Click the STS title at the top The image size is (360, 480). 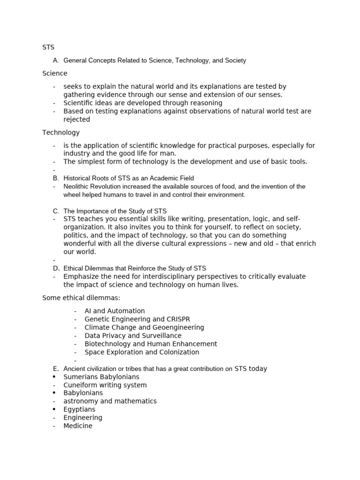[x=48, y=47]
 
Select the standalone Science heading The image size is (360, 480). [x=55, y=74]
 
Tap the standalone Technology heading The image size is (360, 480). [x=61, y=133]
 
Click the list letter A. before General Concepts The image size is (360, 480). [x=56, y=60]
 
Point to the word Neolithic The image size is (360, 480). [x=77, y=187]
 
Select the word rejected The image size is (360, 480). [x=77, y=120]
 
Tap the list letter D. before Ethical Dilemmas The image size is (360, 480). [x=56, y=269]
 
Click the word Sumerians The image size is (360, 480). [x=81, y=377]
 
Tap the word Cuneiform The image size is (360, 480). [x=81, y=385]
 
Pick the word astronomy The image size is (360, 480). [x=81, y=401]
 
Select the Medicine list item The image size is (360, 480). [x=78, y=426]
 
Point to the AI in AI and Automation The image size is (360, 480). [x=89, y=311]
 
